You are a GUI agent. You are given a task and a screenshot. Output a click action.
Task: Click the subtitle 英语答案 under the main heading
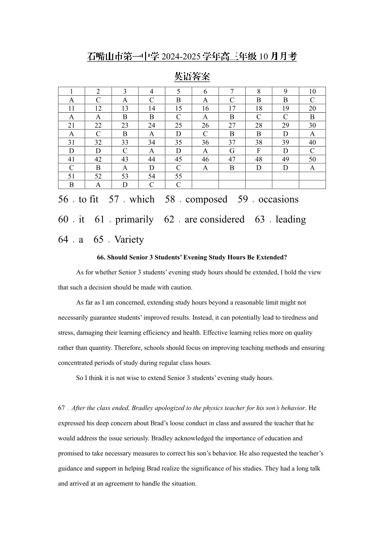point(192,76)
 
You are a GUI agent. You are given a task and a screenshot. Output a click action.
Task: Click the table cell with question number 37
point(232,142)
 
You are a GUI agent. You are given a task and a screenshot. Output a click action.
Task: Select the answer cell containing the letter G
point(232,151)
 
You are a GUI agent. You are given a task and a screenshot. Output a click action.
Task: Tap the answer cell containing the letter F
point(259,151)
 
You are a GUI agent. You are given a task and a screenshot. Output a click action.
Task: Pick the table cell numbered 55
point(178,176)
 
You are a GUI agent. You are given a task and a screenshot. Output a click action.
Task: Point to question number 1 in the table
point(71,91)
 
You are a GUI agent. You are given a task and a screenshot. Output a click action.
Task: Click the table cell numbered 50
point(312,159)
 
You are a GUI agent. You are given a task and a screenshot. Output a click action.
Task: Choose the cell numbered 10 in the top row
point(312,91)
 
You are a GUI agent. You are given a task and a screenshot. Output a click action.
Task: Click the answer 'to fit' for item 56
point(89,199)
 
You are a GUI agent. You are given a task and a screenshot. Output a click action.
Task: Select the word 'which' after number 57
point(142,199)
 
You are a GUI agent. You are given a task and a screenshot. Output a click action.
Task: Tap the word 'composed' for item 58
point(206,199)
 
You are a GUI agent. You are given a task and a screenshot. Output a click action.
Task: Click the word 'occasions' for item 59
point(278,199)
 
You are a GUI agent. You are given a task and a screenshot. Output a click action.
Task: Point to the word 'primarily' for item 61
point(134,220)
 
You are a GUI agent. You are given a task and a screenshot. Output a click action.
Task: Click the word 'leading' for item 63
point(291,220)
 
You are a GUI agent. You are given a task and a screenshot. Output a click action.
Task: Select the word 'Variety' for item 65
point(129,239)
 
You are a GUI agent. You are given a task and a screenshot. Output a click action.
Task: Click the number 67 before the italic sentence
point(61,408)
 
